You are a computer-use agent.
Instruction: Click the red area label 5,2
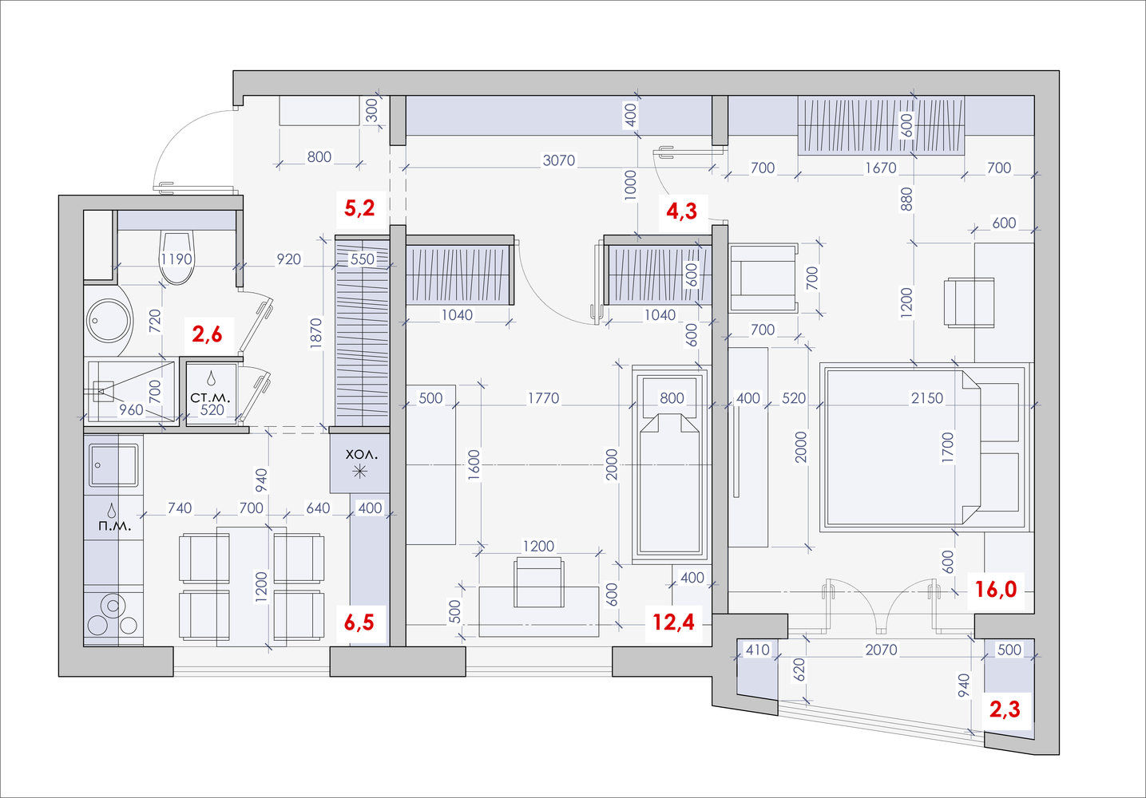pyautogui.click(x=359, y=208)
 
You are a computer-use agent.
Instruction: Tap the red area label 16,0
pyautogui.click(x=996, y=590)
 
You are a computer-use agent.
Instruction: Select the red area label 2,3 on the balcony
pyautogui.click(x=1005, y=709)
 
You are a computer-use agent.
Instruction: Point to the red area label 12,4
pyautogui.click(x=673, y=622)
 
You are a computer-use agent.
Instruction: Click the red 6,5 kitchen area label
pyautogui.click(x=359, y=622)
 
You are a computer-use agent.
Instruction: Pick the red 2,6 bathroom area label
pyautogui.click(x=207, y=335)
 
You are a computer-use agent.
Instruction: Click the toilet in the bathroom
pyautogui.click(x=176, y=257)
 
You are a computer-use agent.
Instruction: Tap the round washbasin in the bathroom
pyautogui.click(x=108, y=321)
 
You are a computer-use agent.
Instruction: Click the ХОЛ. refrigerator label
pyautogui.click(x=361, y=455)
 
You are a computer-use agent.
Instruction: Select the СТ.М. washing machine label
pyautogui.click(x=210, y=397)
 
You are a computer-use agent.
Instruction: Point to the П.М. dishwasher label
pyautogui.click(x=115, y=526)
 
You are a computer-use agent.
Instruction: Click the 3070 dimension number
pyautogui.click(x=559, y=160)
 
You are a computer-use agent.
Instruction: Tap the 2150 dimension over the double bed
pyautogui.click(x=926, y=397)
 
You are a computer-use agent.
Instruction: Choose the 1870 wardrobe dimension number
pyautogui.click(x=316, y=334)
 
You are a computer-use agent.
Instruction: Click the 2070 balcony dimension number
pyautogui.click(x=881, y=650)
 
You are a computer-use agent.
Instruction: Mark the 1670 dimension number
pyautogui.click(x=880, y=168)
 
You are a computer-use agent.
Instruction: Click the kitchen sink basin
pyautogui.click(x=113, y=465)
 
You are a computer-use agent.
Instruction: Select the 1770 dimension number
pyautogui.click(x=543, y=397)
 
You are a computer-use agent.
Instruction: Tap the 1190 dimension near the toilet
pyautogui.click(x=176, y=259)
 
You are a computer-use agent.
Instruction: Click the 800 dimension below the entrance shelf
pyautogui.click(x=319, y=157)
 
